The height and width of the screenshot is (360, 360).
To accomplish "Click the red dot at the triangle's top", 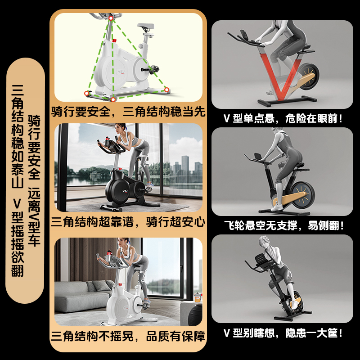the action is coord(111,18).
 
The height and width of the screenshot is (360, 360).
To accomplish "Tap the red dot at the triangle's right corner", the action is coord(166,90).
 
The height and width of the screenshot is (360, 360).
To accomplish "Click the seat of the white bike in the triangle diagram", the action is coord(145,26).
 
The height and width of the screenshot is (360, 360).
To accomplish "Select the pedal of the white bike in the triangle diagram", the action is coord(153,69).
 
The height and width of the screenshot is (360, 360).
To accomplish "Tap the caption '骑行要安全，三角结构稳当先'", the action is coord(128,112).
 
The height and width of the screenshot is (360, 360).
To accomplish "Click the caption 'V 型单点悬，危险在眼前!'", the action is coord(283,118).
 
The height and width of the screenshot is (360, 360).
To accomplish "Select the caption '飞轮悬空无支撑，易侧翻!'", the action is coord(284,225).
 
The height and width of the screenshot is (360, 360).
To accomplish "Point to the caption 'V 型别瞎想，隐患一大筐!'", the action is coord(283,333).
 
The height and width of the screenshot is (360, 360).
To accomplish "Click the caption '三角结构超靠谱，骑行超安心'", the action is coord(128,222).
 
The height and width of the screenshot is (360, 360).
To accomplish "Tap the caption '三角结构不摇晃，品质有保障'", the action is coord(128,336).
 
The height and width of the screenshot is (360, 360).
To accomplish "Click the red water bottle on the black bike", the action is coord(107,141).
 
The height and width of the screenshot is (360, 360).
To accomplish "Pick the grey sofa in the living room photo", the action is coord(83,296).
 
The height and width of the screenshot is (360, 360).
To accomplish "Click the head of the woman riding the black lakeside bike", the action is coord(120,129).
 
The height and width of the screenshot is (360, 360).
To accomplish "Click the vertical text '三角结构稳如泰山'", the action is coord(18,136).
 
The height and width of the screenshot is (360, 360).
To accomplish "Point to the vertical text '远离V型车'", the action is coord(34,217).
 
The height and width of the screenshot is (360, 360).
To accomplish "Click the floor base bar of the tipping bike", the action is coord(293,315).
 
